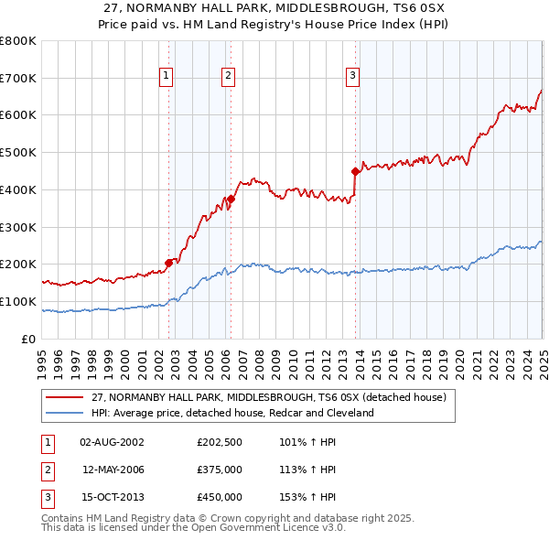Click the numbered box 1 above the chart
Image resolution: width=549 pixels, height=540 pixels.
pyautogui.click(x=167, y=77)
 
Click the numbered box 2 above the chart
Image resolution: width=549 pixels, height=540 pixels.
pyautogui.click(x=228, y=77)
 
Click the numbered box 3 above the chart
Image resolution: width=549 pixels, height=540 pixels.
pyautogui.click(x=353, y=77)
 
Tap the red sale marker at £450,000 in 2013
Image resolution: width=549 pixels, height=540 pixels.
pyautogui.click(x=355, y=170)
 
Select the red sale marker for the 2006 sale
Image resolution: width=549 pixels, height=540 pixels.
pyautogui.click(x=231, y=199)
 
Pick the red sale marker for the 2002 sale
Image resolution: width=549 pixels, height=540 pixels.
pyautogui.click(x=168, y=263)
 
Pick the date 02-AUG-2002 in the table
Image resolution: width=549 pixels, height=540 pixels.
pyautogui.click(x=112, y=442)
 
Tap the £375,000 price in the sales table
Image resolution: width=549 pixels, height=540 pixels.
pyautogui.click(x=220, y=470)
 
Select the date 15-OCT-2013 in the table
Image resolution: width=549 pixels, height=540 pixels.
pyautogui.click(x=112, y=497)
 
